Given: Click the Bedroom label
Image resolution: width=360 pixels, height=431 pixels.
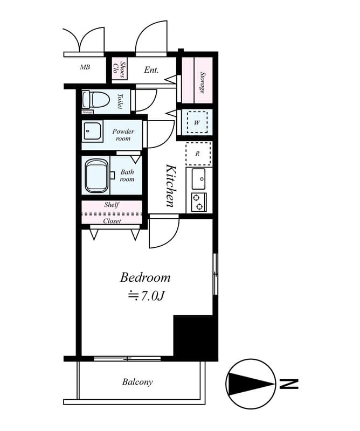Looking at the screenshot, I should pyautogui.click(x=145, y=278).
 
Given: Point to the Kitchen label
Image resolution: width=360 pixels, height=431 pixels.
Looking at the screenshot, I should pyautogui.click(x=170, y=185).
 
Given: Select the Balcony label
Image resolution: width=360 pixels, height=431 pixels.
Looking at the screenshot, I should pyautogui.click(x=137, y=382).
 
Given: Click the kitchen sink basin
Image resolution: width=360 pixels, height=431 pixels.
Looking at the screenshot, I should pyautogui.click(x=198, y=176).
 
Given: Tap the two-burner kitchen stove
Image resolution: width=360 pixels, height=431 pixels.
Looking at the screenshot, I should pyautogui.click(x=198, y=201).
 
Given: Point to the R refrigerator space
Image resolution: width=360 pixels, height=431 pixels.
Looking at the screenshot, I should pyautogui.click(x=198, y=154).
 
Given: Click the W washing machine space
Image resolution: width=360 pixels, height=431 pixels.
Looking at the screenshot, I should pyautogui.click(x=197, y=123).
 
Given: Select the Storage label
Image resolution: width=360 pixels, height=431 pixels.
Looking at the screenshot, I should pyautogui.click(x=203, y=82).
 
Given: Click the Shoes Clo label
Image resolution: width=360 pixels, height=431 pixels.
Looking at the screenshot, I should pyautogui.click(x=119, y=69).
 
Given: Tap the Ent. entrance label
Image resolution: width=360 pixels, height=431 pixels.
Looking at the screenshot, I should pyautogui.click(x=151, y=69).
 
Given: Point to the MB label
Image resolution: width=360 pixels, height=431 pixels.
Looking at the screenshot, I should pyautogui.click(x=85, y=67).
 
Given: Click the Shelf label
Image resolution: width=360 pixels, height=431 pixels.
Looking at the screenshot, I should pyautogui.click(x=112, y=205).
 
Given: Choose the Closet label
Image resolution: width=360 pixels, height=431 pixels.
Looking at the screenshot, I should pyautogui.click(x=112, y=221).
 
